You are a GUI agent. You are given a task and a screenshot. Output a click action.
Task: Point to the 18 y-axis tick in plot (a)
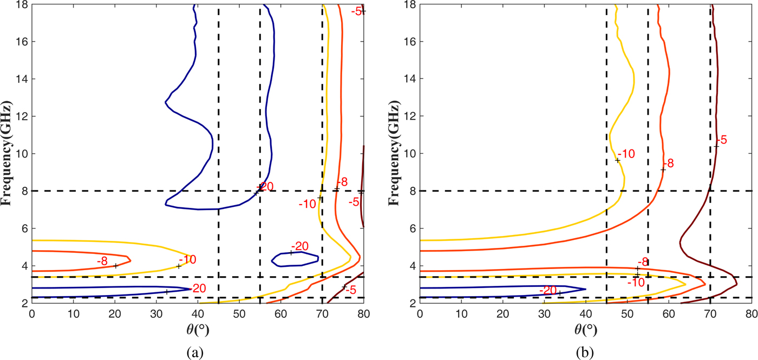[22, 4]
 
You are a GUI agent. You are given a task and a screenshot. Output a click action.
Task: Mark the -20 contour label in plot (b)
[548, 290]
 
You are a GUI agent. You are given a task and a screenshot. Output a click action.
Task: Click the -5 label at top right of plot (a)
[357, 10]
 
